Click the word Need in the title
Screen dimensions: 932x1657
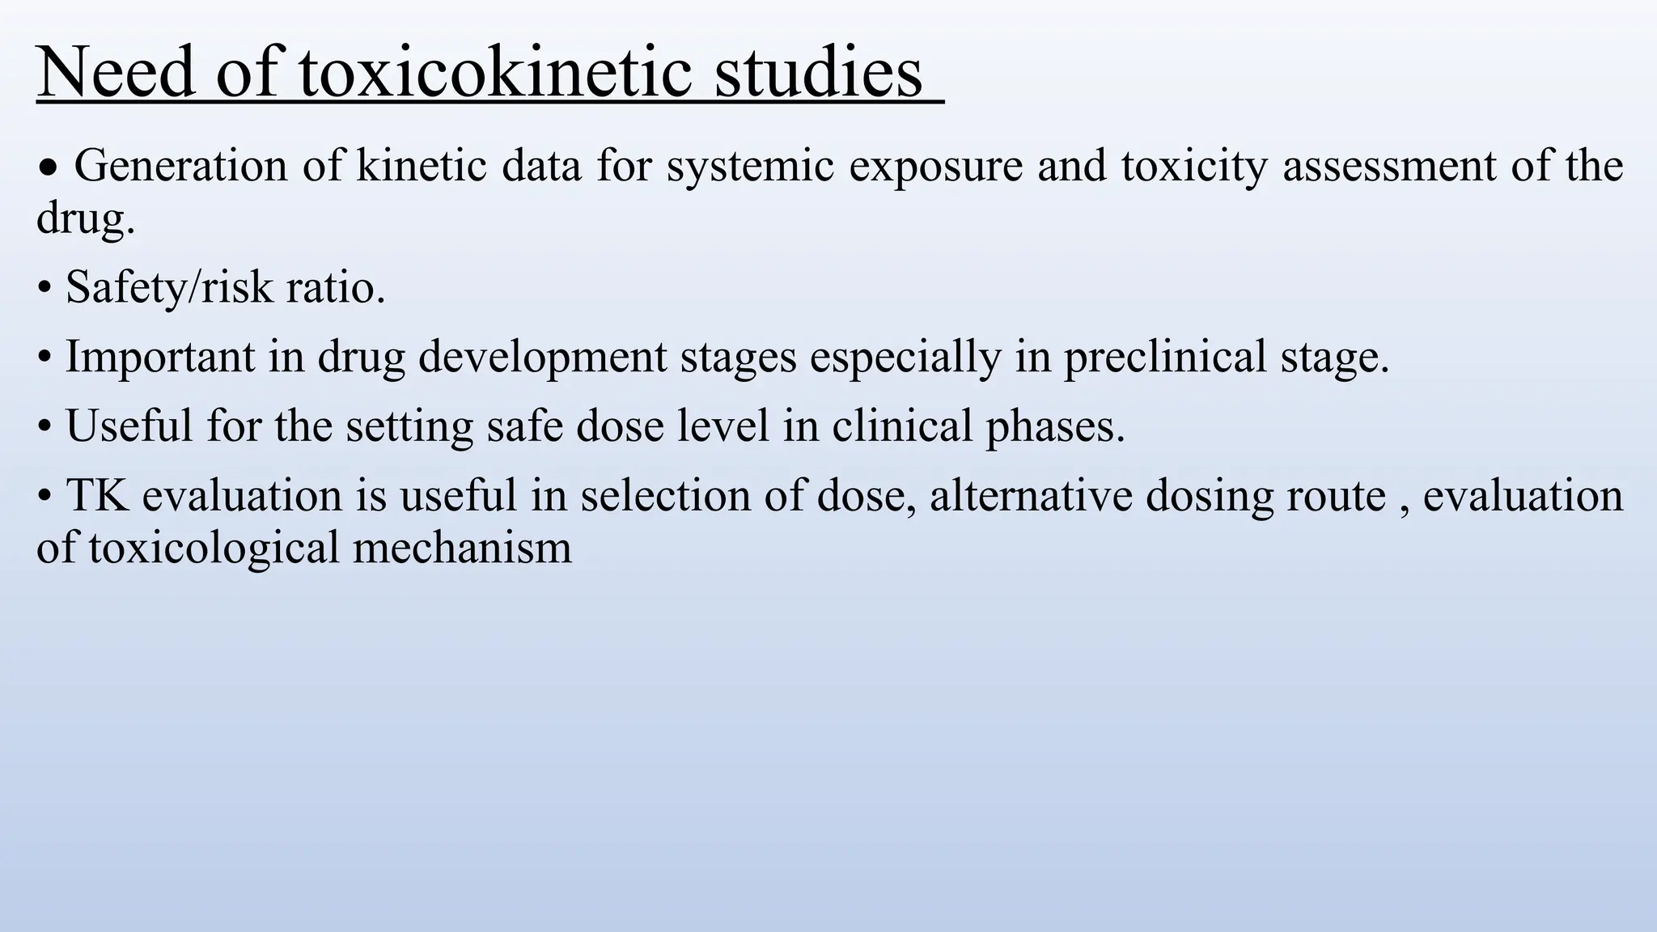(x=116, y=73)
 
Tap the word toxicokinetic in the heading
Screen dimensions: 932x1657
(x=495, y=73)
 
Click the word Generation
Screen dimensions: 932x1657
(x=180, y=166)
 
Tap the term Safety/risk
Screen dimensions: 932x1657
(x=169, y=287)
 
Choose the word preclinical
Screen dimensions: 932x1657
(x=1164, y=357)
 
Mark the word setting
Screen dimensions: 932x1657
(x=409, y=426)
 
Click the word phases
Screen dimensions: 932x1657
(x=1055, y=426)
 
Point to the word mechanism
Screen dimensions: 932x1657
(x=462, y=549)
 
